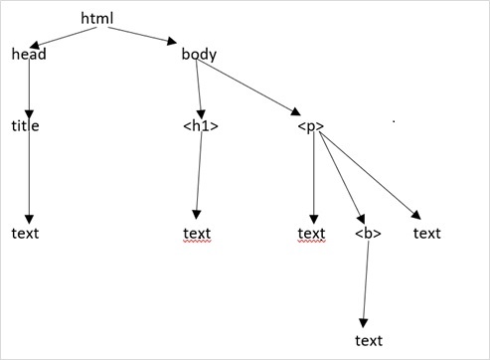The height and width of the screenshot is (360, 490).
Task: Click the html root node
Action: (97, 19)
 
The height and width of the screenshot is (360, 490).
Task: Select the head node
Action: (29, 54)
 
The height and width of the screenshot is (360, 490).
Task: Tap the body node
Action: (199, 54)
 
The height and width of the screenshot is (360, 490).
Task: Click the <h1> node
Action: (201, 127)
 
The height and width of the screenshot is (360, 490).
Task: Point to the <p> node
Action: (311, 127)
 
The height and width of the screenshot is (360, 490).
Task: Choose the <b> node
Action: (367, 234)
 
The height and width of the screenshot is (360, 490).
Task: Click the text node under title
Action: (26, 234)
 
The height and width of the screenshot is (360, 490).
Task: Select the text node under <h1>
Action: (197, 234)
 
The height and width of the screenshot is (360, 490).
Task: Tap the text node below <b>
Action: (369, 341)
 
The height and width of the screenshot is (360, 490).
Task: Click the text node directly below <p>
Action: (312, 234)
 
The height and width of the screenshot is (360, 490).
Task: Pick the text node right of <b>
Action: (426, 234)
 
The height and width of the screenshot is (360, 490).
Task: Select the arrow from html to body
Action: (139, 35)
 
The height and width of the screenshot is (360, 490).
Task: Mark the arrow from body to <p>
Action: (253, 90)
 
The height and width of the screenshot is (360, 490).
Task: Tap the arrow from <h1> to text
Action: (199, 179)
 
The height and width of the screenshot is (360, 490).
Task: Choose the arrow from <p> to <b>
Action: (338, 179)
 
